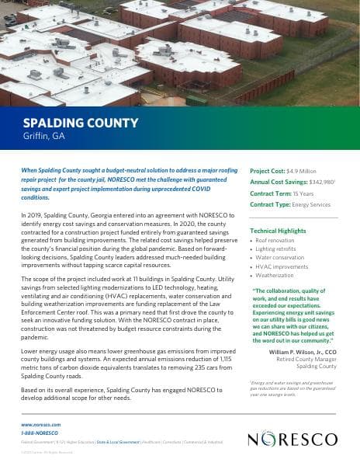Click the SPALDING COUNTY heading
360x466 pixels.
(x=80, y=123)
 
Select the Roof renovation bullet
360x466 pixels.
(x=272, y=241)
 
